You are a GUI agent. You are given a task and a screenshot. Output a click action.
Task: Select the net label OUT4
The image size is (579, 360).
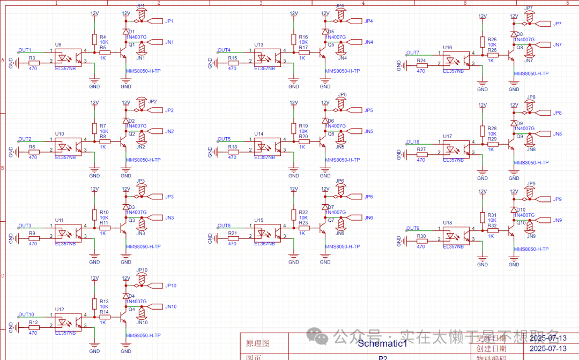(x=224, y=50)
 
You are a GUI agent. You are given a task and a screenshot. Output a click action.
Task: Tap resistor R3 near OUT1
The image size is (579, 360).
(x=33, y=63)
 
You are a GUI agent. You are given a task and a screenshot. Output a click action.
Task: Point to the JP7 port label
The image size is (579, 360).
(x=558, y=24)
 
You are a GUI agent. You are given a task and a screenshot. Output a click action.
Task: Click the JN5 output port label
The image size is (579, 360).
(x=369, y=131)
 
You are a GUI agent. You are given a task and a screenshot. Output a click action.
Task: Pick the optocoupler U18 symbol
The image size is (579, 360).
(x=456, y=234)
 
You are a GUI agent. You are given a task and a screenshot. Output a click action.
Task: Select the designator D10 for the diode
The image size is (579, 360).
(x=521, y=210)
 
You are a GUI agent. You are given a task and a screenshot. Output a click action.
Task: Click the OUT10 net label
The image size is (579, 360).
(x=26, y=314)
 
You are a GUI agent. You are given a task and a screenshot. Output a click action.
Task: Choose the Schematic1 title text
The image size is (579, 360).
(x=382, y=343)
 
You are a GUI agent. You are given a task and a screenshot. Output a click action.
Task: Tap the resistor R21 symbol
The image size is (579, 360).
(x=233, y=237)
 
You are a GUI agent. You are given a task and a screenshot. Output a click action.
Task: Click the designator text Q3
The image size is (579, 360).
(x=132, y=220)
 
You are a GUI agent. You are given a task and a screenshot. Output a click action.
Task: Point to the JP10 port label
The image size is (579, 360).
(x=170, y=286)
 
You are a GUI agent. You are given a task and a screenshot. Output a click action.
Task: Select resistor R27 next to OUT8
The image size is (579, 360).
(x=421, y=155)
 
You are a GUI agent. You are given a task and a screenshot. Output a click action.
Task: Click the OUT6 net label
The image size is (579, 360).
(x=224, y=226)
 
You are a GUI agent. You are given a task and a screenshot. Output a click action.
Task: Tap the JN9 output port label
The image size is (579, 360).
(x=558, y=220)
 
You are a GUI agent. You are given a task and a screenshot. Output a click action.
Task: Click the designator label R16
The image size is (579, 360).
(x=303, y=36)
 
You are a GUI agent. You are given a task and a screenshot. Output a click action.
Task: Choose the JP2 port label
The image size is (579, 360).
(x=169, y=110)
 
